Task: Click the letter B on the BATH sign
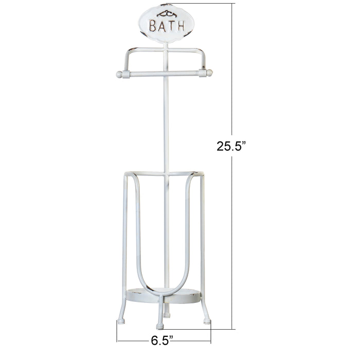(153, 26)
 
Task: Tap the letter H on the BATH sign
(178, 26)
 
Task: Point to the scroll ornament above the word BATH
(165, 14)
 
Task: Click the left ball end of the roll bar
(119, 74)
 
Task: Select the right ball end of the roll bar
(209, 74)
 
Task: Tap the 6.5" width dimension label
(161, 340)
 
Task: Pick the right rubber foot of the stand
(207, 320)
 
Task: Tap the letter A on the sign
(161, 26)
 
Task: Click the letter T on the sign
(169, 26)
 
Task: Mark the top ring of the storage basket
(164, 174)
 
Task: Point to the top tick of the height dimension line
(231, 4)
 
